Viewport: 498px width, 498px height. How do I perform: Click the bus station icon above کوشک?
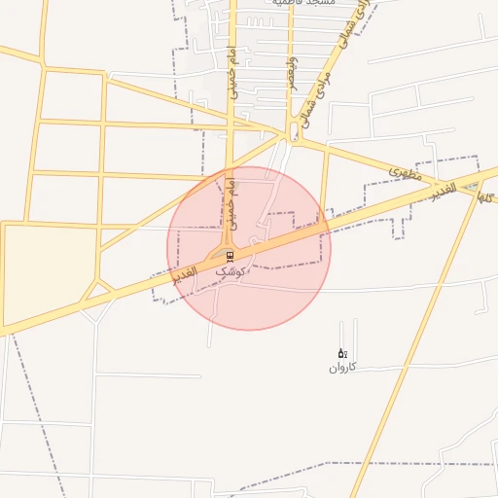[x=230, y=256]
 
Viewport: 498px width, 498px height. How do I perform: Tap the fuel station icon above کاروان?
[x=340, y=353]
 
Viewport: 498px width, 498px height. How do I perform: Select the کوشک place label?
[x=230, y=272]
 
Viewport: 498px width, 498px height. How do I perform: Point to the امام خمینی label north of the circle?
[x=231, y=71]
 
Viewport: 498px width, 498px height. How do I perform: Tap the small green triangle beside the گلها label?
[x=474, y=192]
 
